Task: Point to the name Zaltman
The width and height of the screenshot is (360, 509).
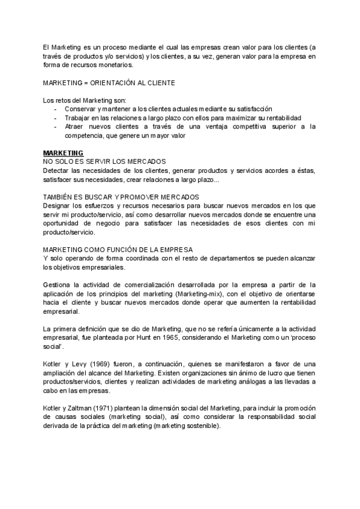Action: tap(74, 409)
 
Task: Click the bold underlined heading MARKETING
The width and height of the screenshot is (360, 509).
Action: tap(64, 153)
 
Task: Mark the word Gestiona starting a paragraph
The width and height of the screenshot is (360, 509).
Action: tap(58, 285)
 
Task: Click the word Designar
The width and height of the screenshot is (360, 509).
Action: tap(58, 205)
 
